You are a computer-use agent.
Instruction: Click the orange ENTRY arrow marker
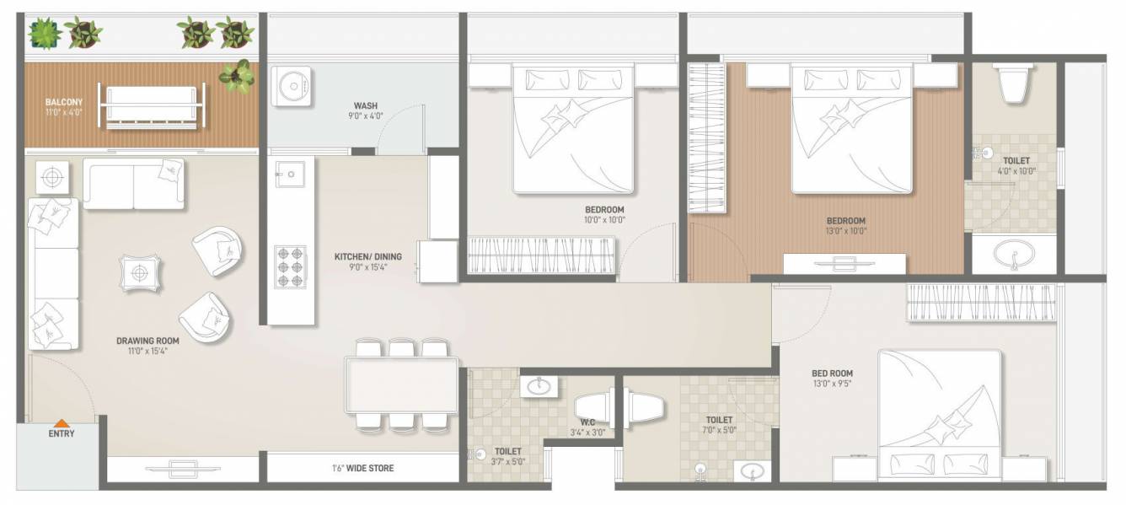pos(61,423)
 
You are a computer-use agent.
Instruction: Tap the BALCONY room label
pos(64,102)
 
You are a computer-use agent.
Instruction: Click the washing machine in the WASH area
pos(292,85)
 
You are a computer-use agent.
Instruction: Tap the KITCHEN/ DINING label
pos(367,257)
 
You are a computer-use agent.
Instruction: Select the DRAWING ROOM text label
pos(147,341)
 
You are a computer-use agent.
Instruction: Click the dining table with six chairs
pos(401,384)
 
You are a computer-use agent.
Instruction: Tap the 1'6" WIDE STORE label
pos(362,468)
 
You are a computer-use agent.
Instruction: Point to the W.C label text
pos(588,422)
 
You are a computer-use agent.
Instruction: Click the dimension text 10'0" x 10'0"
pos(604,221)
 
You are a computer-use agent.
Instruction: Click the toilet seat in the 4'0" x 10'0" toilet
pos(1010,83)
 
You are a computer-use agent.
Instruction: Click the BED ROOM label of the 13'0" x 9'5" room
pos(832,373)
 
